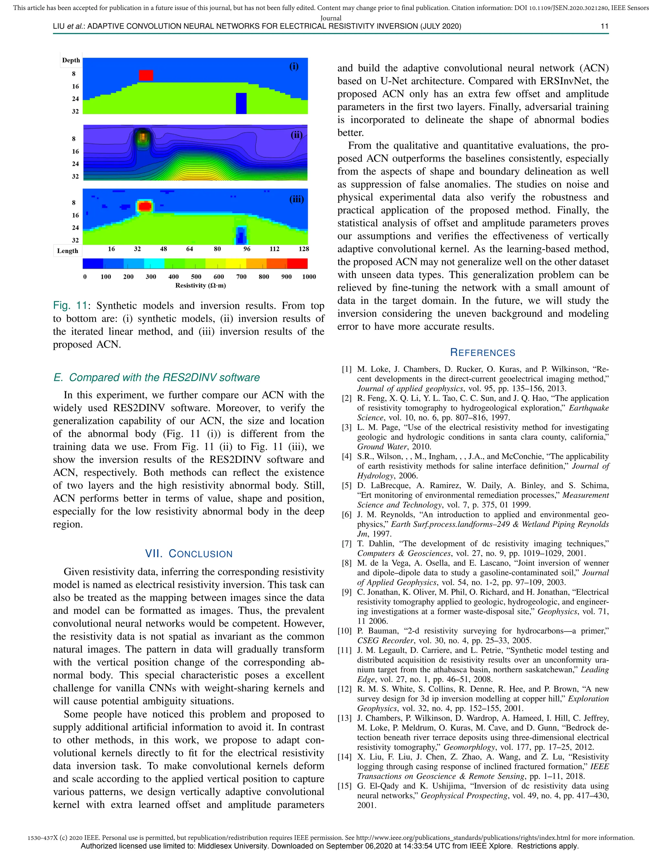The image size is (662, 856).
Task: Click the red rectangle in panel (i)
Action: (x=146, y=75)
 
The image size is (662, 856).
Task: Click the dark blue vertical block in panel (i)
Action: (x=241, y=103)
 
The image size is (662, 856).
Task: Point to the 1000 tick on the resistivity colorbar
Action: (x=309, y=277)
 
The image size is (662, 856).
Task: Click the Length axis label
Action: (x=68, y=251)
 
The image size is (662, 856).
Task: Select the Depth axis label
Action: (x=71, y=60)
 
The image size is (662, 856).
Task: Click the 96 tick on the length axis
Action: (x=247, y=249)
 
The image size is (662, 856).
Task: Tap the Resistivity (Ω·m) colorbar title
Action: (x=200, y=285)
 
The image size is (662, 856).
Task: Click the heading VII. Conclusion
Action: (x=189, y=554)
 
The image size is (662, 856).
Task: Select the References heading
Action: (x=482, y=352)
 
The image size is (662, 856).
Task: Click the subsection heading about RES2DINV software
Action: (x=156, y=377)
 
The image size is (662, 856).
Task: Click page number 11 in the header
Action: (x=604, y=26)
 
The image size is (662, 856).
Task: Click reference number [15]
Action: (x=345, y=786)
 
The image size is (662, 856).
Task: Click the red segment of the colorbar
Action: (x=297, y=263)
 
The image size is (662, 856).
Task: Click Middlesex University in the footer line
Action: (x=232, y=846)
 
